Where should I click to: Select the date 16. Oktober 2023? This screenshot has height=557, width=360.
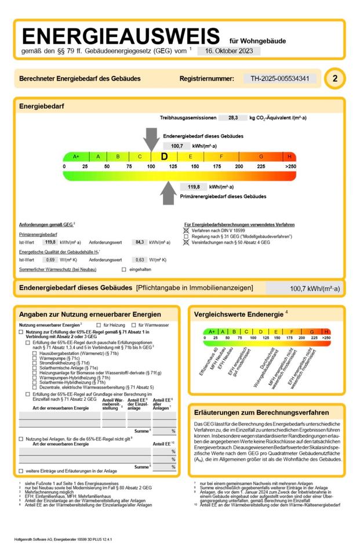(228, 51)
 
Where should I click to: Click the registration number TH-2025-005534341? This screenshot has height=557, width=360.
(283, 78)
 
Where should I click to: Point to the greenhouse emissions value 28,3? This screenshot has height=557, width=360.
(232, 117)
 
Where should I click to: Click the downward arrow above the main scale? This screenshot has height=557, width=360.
(151, 140)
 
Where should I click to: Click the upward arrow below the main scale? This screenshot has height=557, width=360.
(169, 193)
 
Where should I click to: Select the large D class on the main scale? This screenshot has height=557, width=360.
(164, 157)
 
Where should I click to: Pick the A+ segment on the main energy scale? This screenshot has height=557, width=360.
(76, 157)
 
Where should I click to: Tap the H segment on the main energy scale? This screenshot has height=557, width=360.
(289, 157)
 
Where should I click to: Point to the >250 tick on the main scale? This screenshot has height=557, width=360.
(290, 167)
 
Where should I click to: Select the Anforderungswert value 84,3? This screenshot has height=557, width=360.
(139, 242)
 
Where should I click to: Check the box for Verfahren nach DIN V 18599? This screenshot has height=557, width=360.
(186, 230)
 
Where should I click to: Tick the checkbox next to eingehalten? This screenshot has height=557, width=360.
(123, 270)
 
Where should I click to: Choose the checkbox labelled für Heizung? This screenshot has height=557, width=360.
(99, 325)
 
